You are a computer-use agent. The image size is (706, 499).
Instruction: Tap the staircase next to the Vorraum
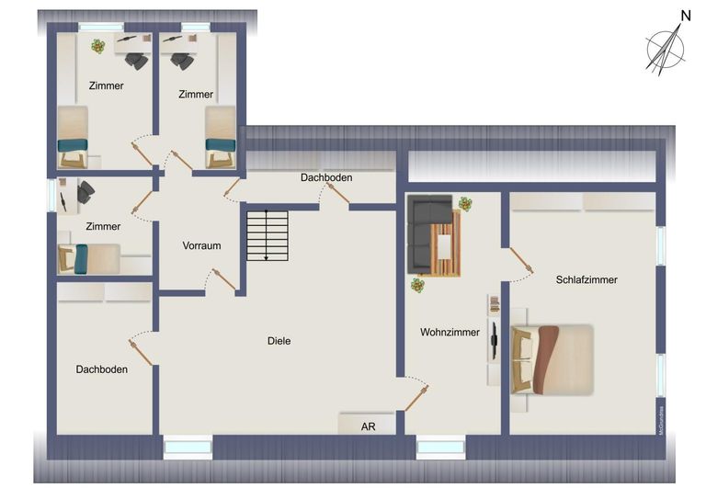point(267,236)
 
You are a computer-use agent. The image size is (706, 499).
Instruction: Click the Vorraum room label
point(201,246)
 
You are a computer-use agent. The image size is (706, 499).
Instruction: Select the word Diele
point(279,341)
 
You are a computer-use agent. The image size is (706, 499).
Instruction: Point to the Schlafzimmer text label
point(586,279)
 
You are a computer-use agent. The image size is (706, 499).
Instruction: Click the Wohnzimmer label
point(450,333)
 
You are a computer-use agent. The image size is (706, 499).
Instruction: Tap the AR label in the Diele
point(368,426)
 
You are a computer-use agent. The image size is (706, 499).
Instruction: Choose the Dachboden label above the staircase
point(325,177)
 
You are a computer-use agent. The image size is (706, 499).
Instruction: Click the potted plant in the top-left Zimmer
point(97,46)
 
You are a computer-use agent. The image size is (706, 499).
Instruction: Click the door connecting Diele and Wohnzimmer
point(416,395)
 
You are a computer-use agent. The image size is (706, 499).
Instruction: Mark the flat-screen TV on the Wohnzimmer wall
point(494,341)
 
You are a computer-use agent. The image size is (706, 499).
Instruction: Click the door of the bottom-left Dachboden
point(141,348)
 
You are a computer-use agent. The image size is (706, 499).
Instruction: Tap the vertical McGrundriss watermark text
point(660,415)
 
